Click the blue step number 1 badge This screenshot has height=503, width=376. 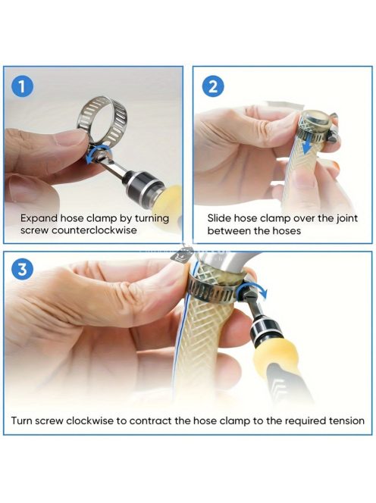[x=22, y=86]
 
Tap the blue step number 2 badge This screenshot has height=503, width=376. [x=213, y=86]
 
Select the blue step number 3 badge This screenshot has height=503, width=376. [x=22, y=270]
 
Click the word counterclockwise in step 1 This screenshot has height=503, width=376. [x=94, y=230]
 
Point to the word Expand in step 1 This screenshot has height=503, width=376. [x=39, y=219]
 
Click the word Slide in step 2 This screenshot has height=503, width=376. [x=219, y=218]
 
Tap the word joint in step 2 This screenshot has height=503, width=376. [x=346, y=219]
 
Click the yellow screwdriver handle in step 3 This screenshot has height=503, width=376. [x=274, y=356]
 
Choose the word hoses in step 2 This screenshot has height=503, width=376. [x=287, y=231]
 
